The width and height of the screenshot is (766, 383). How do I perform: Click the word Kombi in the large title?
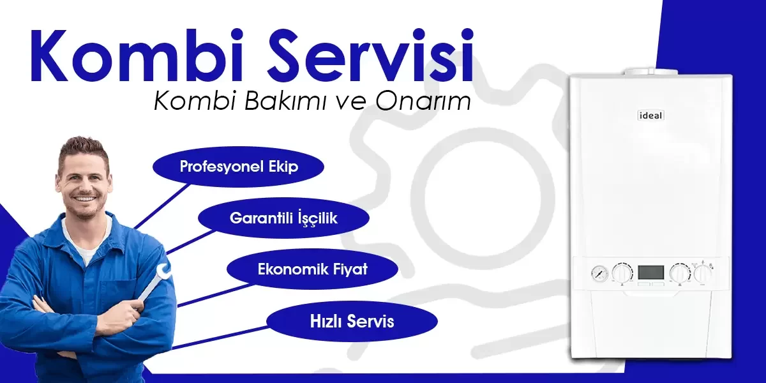[137, 55]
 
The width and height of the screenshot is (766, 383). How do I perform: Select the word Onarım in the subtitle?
[423, 101]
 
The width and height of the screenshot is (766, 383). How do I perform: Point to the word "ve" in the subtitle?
[350, 103]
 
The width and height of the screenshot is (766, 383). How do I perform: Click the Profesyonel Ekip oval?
[238, 167]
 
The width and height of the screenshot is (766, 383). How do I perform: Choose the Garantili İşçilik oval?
[283, 218]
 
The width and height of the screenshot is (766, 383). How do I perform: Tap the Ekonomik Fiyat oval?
[312, 269]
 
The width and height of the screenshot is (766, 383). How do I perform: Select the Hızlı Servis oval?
[352, 321]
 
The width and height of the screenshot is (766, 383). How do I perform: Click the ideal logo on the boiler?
[650, 116]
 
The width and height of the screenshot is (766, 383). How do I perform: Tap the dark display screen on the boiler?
[650, 272]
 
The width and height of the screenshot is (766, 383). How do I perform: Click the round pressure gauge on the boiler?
[600, 273]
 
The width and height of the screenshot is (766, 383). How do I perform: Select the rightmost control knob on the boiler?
[703, 273]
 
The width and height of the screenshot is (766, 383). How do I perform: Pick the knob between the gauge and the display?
[622, 273]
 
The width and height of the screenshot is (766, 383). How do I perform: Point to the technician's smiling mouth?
[84, 199]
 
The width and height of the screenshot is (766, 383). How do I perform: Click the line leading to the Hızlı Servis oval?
[219, 338]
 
